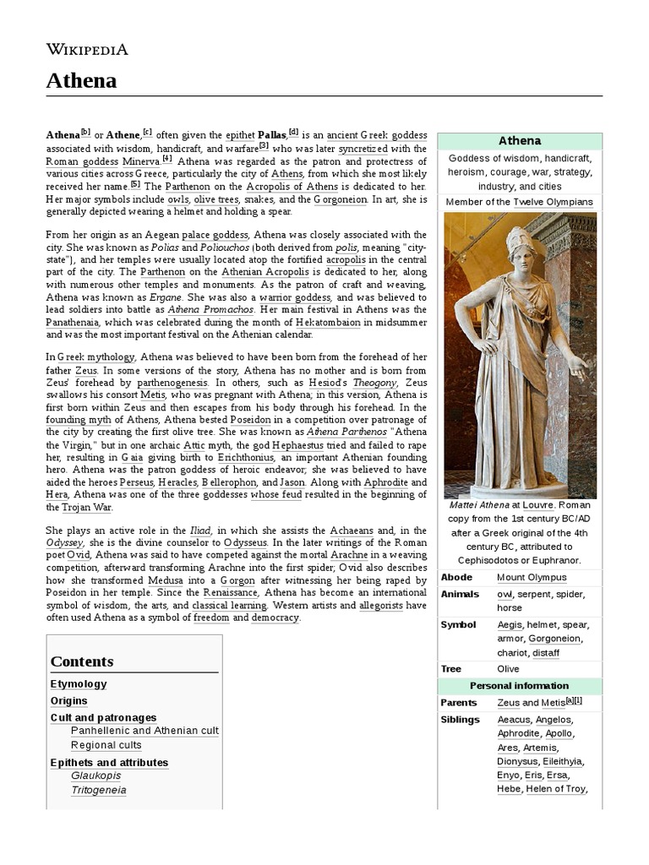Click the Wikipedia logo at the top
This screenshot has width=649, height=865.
click(x=87, y=49)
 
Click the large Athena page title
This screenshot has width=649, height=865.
click(x=81, y=81)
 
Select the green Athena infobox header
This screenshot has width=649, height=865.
click(x=519, y=141)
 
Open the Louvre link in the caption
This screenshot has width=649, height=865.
click(x=537, y=505)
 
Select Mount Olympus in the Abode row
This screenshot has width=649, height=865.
click(x=532, y=578)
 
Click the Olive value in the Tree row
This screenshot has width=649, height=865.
click(x=509, y=669)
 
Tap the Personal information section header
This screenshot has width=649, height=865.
click(x=519, y=686)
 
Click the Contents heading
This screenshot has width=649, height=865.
click(x=82, y=661)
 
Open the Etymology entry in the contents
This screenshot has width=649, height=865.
click(x=79, y=684)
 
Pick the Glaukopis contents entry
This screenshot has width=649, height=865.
click(x=95, y=775)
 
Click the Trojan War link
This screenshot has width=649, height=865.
click(x=86, y=508)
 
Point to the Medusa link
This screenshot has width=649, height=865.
click(x=165, y=581)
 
